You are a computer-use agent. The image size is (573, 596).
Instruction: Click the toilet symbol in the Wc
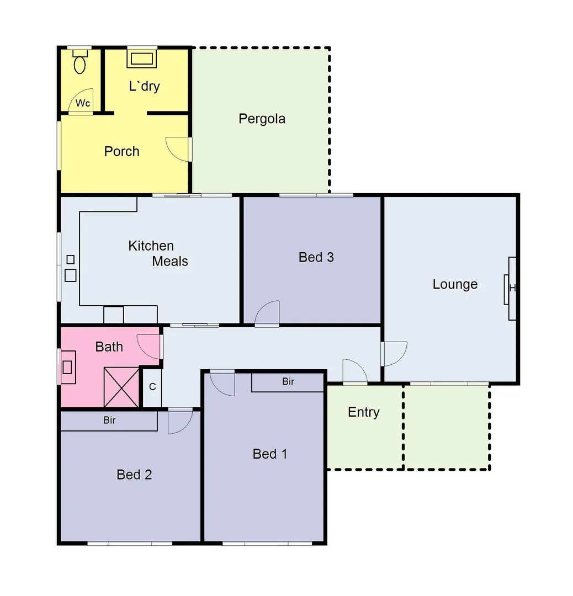point(81,62)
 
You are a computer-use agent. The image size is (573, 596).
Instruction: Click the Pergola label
point(262,119)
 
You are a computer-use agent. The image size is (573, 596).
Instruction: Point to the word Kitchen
point(151,246)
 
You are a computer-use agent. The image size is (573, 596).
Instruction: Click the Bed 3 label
point(316,257)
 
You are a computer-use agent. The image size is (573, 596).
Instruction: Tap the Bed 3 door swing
point(268,313)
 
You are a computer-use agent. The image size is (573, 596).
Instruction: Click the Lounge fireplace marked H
point(512,288)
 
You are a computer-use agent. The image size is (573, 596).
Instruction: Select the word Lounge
point(455,284)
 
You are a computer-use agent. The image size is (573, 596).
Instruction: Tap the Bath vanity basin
point(68,367)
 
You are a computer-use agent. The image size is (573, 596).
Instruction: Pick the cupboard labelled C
point(152,387)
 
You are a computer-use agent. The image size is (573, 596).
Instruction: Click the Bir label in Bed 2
point(109,421)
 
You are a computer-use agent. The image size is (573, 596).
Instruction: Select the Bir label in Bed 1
point(288,381)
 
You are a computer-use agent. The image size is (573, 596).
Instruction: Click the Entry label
point(364,412)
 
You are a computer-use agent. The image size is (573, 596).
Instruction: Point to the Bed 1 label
point(269,454)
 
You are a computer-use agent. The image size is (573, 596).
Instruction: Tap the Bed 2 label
point(134,474)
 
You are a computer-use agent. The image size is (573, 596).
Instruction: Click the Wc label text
point(83,103)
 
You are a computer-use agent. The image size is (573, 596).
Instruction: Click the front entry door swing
point(355,370)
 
